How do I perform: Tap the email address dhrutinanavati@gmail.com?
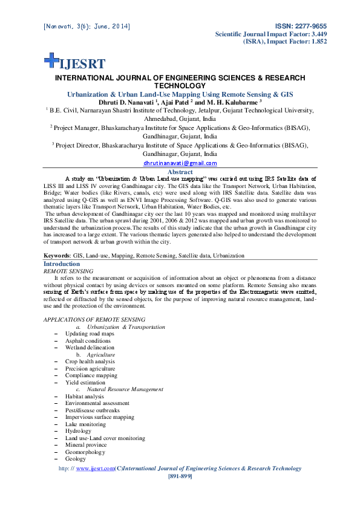coord(180,163)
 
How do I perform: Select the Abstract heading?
coord(180,172)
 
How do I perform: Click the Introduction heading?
coord(62,264)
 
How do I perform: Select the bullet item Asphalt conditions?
coord(88,341)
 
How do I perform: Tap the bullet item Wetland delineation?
coord(90,348)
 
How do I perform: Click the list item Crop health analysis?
coord(90,361)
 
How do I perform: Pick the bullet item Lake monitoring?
coord(86,424)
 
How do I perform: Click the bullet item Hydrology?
coord(79,431)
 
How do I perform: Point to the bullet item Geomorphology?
coord(85,452)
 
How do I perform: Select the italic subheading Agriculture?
coord(102,355)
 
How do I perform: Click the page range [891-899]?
coord(180,476)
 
